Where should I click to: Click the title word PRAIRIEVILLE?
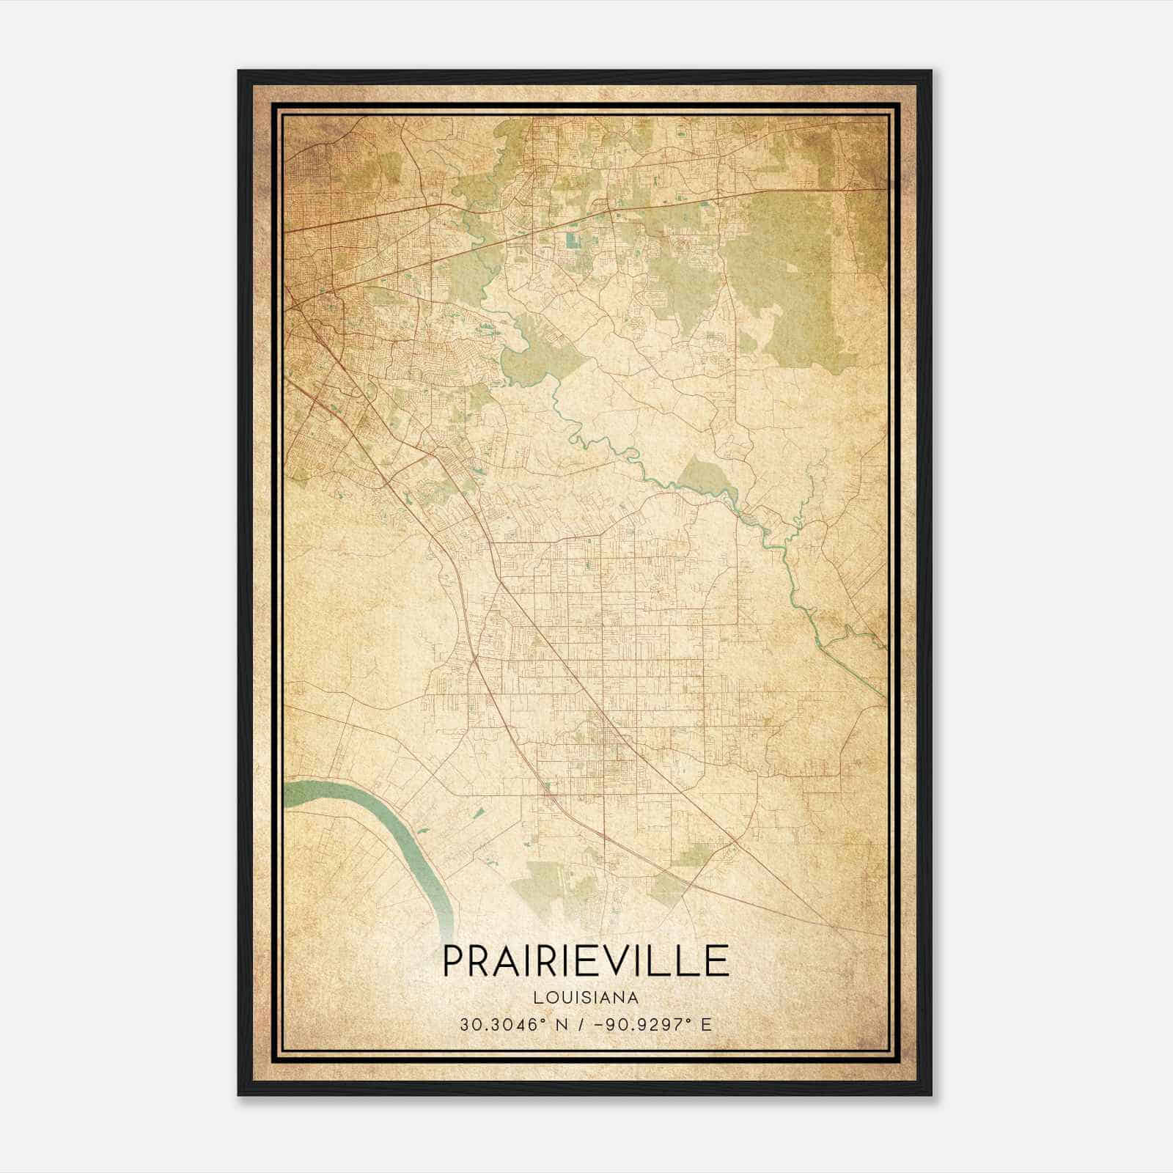[586, 961]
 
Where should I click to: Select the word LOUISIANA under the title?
[586, 998]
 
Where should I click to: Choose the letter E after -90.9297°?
[706, 1025]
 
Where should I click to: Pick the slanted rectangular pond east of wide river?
[479, 812]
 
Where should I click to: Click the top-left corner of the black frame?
[239, 72]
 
